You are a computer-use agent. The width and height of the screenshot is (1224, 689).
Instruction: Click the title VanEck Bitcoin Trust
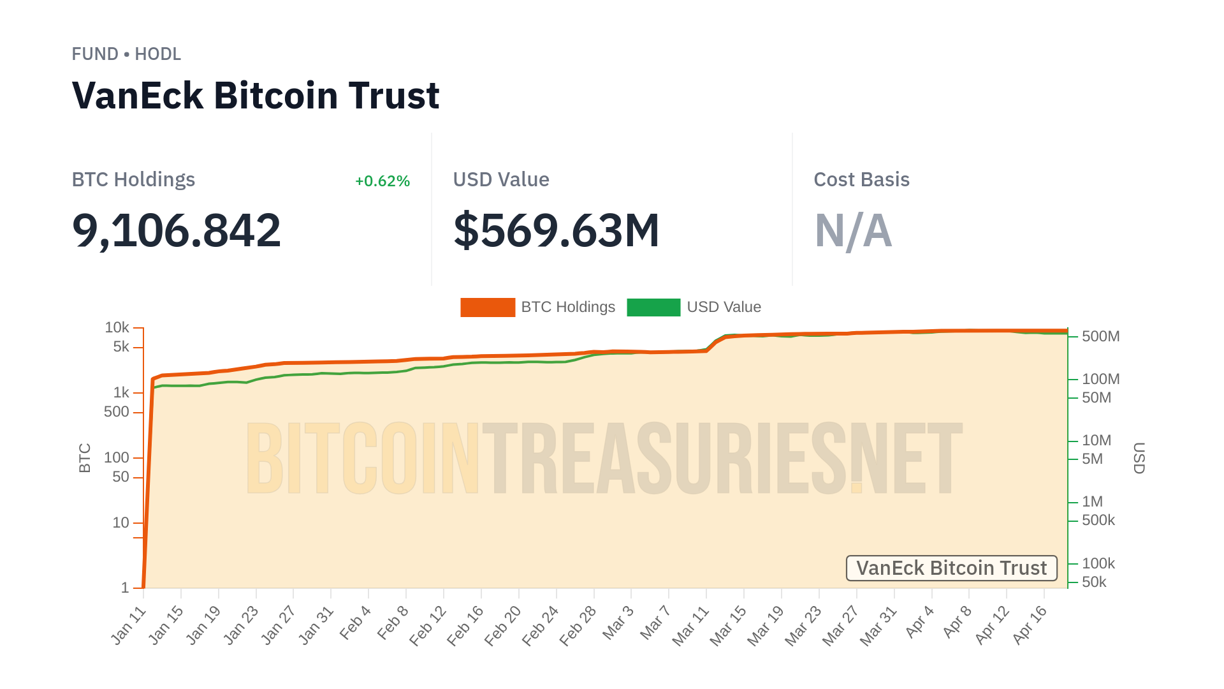(x=256, y=96)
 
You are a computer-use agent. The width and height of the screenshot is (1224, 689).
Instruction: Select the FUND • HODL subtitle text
(x=126, y=54)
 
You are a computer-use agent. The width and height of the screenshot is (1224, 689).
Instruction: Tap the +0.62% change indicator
(x=382, y=181)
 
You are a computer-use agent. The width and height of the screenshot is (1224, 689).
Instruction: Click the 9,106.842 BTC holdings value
(x=177, y=230)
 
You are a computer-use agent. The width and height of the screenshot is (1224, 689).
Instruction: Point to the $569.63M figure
(x=556, y=230)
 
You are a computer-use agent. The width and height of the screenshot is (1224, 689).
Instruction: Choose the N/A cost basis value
(x=853, y=230)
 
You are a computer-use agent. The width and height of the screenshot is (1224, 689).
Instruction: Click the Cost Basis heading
(x=861, y=180)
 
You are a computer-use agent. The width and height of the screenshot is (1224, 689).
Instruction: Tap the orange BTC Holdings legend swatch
(x=488, y=307)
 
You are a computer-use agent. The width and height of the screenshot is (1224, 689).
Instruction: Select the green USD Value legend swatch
(x=653, y=307)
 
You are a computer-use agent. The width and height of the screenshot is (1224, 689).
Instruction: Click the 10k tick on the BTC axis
(x=117, y=327)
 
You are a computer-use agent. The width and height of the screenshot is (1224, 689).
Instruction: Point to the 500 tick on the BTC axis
(x=117, y=412)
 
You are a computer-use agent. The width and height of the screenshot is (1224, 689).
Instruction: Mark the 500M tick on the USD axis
(x=1100, y=336)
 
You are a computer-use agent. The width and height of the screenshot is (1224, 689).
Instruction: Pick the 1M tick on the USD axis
(x=1092, y=501)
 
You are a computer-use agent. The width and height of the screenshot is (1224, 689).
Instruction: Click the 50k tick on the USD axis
(x=1094, y=582)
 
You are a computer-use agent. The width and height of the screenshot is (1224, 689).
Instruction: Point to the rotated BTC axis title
(x=85, y=457)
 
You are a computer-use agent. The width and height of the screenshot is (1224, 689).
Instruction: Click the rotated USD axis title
(x=1139, y=457)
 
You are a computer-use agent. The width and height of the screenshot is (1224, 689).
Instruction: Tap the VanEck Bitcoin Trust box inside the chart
(x=951, y=568)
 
